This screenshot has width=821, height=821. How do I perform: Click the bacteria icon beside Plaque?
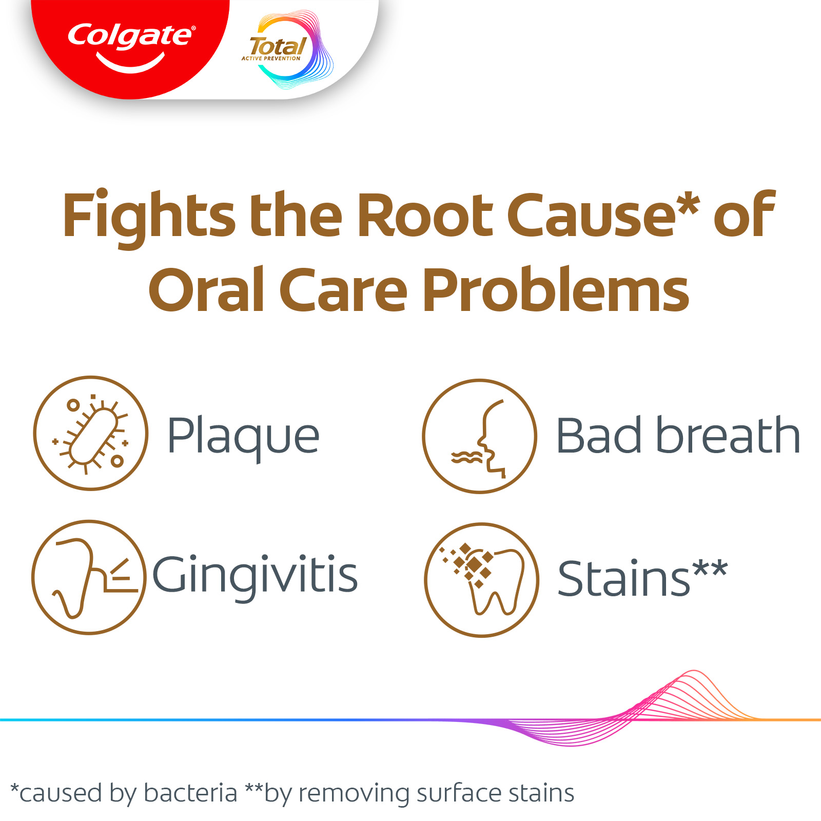[91, 434]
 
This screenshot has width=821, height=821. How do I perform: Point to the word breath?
[728, 435]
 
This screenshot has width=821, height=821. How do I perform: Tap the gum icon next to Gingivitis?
[89, 577]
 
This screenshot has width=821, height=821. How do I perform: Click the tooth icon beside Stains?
[481, 580]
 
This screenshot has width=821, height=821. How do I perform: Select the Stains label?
[642, 578]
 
